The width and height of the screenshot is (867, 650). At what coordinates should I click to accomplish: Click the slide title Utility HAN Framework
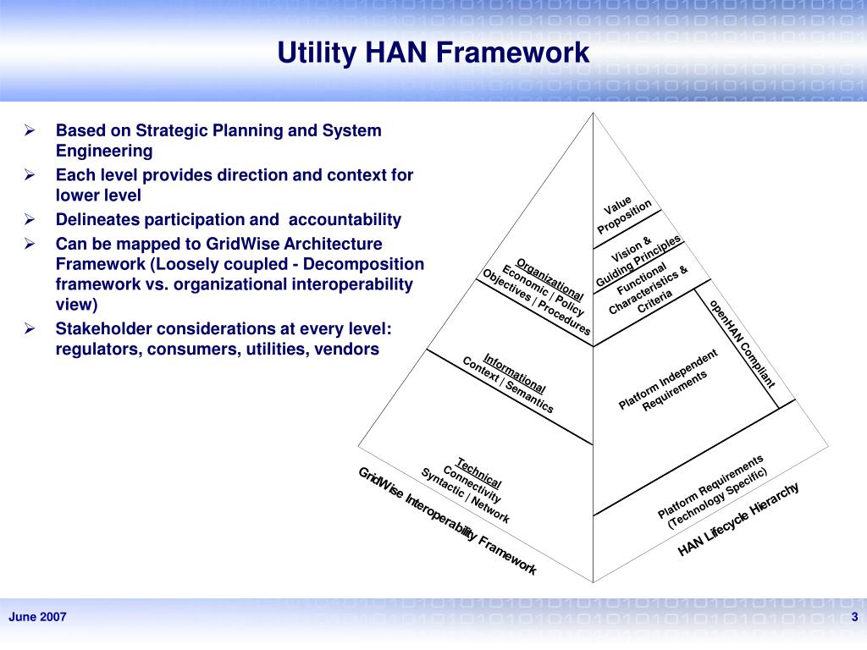(433, 53)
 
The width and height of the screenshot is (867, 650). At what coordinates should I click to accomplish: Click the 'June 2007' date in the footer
(37, 617)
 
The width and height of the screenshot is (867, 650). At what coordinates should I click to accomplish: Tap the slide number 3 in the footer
(855, 617)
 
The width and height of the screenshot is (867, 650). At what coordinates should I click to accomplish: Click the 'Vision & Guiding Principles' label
(638, 262)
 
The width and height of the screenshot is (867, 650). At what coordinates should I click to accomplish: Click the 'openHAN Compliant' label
(743, 343)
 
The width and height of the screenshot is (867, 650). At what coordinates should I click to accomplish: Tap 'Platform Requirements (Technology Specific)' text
(714, 492)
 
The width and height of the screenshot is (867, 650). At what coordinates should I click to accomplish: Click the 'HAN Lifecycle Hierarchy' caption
(738, 520)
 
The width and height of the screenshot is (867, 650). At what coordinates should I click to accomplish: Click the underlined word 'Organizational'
(550, 278)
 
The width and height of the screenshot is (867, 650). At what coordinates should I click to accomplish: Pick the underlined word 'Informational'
(515, 372)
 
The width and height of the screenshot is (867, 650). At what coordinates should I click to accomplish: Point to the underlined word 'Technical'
(479, 473)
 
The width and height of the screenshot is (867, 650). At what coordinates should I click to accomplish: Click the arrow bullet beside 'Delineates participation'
(28, 219)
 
